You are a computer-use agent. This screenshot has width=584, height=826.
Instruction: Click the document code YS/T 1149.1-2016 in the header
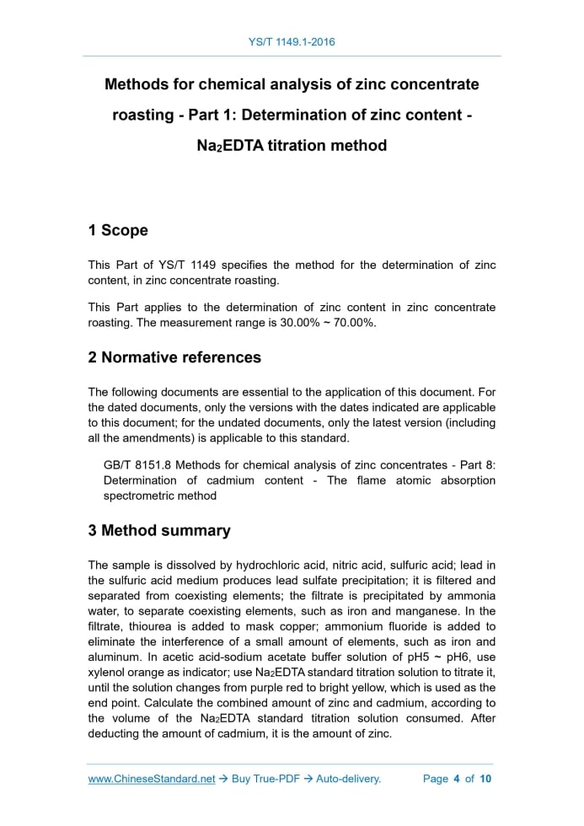pyautogui.click(x=292, y=41)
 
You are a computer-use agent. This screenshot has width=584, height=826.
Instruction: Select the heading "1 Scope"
pyautogui.click(x=118, y=230)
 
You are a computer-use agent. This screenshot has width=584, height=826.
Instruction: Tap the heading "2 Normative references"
pyautogui.click(x=174, y=357)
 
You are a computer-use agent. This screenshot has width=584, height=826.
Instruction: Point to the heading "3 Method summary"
pyautogui.click(x=159, y=531)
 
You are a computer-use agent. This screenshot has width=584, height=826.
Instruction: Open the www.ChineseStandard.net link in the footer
pyautogui.click(x=152, y=779)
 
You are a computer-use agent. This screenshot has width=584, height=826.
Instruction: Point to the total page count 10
pyautogui.click(x=485, y=779)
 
